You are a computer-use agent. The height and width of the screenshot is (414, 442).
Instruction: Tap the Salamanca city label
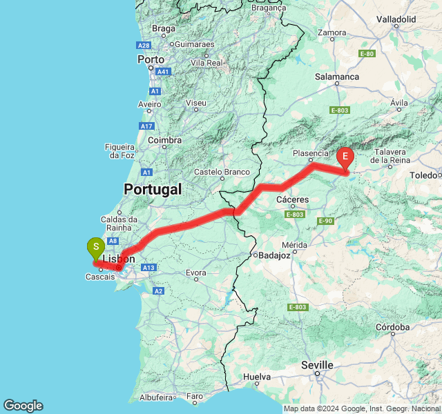pyautogui.click(x=337, y=77)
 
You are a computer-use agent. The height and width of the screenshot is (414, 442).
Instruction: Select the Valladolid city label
pyautogui.click(x=396, y=20)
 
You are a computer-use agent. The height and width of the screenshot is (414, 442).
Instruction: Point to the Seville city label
pyautogui.click(x=318, y=365)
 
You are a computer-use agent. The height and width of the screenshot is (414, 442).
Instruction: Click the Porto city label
pyautogui.click(x=151, y=60)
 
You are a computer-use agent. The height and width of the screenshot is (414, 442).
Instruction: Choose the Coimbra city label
pyautogui.click(x=164, y=140)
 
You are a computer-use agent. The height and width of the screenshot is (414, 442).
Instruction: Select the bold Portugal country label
pyautogui.click(x=153, y=189)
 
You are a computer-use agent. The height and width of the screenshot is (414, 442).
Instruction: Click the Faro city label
pyautogui.click(x=195, y=397)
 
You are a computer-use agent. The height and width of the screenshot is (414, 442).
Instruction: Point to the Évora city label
pyautogui.click(x=195, y=273)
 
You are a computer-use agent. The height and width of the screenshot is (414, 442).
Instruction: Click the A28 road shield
pyautogui.click(x=144, y=46)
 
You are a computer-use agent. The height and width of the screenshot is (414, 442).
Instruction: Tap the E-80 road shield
pyautogui.click(x=367, y=54)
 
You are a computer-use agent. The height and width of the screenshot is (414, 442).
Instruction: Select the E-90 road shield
pyautogui.click(x=325, y=221)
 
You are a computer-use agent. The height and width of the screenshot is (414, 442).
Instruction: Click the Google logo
pyautogui.click(x=23, y=406)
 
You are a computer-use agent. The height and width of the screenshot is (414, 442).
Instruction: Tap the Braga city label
pyautogui.click(x=164, y=28)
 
